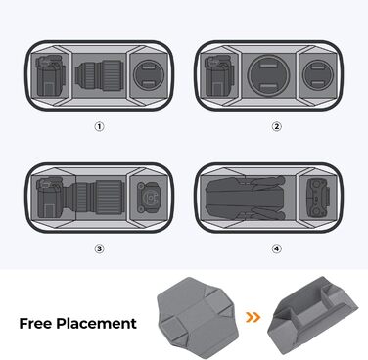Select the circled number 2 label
click(276, 126)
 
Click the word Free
click(39, 323)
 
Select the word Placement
click(101, 323)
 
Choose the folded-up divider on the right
click(314, 315)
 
